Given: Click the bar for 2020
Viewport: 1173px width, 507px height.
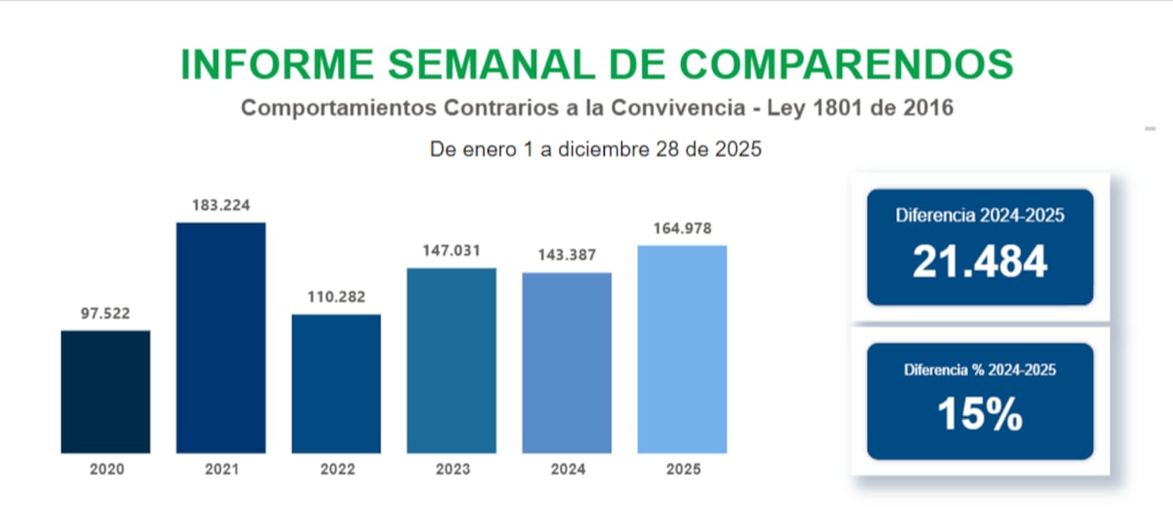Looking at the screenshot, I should [x=105, y=391].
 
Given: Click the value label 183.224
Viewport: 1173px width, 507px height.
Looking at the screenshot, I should [x=221, y=205].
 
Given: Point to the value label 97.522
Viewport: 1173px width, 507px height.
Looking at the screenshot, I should [x=105, y=314].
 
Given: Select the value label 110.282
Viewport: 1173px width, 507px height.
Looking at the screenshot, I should [x=336, y=298].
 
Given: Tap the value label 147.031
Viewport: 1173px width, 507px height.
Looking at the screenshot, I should [x=452, y=250].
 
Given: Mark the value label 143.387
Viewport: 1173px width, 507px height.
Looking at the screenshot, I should [x=566, y=256].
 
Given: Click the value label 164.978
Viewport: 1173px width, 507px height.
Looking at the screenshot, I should [x=682, y=228].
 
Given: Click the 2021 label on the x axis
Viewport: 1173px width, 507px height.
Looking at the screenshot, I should [x=221, y=469].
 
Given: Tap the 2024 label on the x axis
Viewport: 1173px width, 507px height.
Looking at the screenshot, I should [x=566, y=469].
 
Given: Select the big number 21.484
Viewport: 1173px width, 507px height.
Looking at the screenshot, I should [x=980, y=263].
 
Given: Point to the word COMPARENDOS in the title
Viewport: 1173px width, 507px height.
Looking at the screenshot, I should [x=848, y=64].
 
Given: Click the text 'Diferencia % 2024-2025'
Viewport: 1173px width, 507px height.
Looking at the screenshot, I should [x=980, y=370].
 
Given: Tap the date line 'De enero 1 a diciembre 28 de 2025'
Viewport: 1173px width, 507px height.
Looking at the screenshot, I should [x=596, y=149].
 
